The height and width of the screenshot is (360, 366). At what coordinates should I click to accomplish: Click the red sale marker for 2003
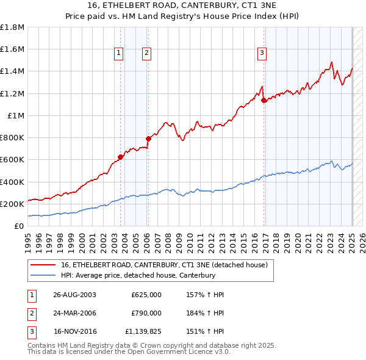tap(120, 157)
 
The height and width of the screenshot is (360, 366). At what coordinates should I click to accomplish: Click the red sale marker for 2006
tap(148, 139)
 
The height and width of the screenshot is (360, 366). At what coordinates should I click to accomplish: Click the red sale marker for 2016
tap(264, 100)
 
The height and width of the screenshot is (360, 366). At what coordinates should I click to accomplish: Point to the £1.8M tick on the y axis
tap(12, 27)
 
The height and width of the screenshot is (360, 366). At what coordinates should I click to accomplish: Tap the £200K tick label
tap(12, 204)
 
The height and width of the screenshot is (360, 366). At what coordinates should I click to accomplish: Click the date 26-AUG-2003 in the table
tap(75, 295)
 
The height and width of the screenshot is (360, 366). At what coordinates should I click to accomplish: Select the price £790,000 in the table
tap(146, 313)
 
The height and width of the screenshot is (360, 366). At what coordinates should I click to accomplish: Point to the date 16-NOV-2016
tap(75, 332)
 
